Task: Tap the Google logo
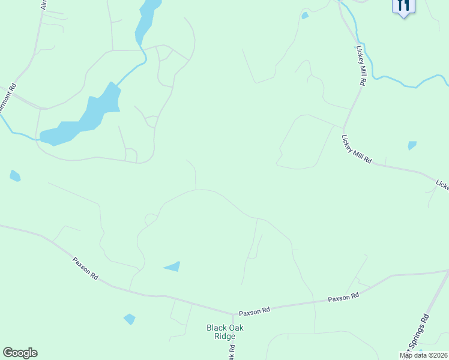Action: pos(20,353)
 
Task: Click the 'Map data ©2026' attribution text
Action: pos(424,355)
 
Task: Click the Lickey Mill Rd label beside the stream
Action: pos(361,66)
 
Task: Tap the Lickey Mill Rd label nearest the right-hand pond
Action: pos(357,149)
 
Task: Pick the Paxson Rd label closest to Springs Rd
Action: pos(343,296)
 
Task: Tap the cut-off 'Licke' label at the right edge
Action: pos(442,185)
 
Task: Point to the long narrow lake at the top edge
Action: pos(146,21)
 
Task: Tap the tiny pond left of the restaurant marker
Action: pos(305,16)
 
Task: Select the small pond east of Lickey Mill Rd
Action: pos(412,145)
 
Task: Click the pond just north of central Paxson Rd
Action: pos(172,266)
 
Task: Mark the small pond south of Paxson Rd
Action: pos(129,319)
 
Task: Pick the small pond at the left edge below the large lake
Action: pos(15,176)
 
